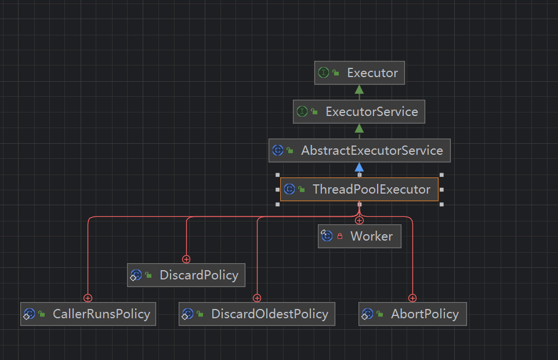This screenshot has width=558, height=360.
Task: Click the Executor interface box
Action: [x=359, y=73]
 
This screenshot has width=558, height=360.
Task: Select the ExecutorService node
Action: [x=359, y=111]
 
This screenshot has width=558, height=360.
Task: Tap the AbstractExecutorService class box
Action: [x=359, y=151]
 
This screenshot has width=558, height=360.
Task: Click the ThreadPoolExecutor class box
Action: [x=359, y=190]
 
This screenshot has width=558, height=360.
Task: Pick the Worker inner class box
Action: [x=360, y=237]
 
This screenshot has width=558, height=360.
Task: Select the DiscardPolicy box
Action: [x=186, y=275]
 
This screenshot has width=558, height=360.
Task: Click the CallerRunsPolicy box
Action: [x=88, y=314]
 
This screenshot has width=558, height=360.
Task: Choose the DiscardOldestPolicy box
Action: [x=257, y=314]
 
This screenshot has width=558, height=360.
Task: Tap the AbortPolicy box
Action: [x=412, y=314]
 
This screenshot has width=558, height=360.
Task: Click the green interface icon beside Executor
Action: [x=324, y=73]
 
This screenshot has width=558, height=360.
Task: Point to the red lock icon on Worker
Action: [x=340, y=237]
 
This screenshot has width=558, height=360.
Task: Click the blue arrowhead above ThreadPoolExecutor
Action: [x=359, y=168]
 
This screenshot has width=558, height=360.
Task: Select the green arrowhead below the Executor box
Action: [x=359, y=89]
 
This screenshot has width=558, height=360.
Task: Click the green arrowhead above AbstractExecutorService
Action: [x=359, y=128]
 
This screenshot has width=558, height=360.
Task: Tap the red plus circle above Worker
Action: [x=359, y=220]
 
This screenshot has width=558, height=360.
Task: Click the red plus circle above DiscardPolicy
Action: [x=186, y=259]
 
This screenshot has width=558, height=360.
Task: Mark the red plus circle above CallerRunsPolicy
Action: [x=88, y=298]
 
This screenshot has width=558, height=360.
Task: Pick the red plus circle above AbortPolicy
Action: [x=412, y=298]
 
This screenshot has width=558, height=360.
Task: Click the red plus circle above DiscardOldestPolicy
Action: [x=257, y=298]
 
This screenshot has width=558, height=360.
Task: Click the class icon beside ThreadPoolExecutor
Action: [x=289, y=190]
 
